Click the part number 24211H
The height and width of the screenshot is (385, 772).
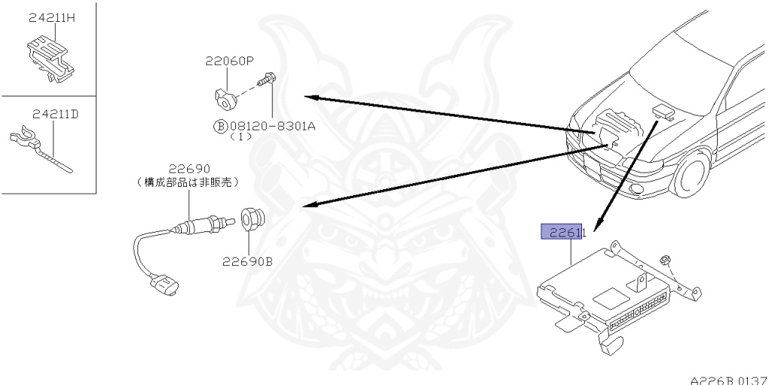pos(52,18)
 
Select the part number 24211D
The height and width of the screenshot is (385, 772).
pos(56,115)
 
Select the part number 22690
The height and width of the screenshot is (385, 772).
pos(189,169)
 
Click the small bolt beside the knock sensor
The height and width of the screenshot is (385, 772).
pos(265,79)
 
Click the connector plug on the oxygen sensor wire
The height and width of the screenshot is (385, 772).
pos(162,286)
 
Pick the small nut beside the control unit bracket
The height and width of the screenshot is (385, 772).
pos(666,261)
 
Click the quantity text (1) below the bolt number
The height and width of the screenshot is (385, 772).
pos(240,138)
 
